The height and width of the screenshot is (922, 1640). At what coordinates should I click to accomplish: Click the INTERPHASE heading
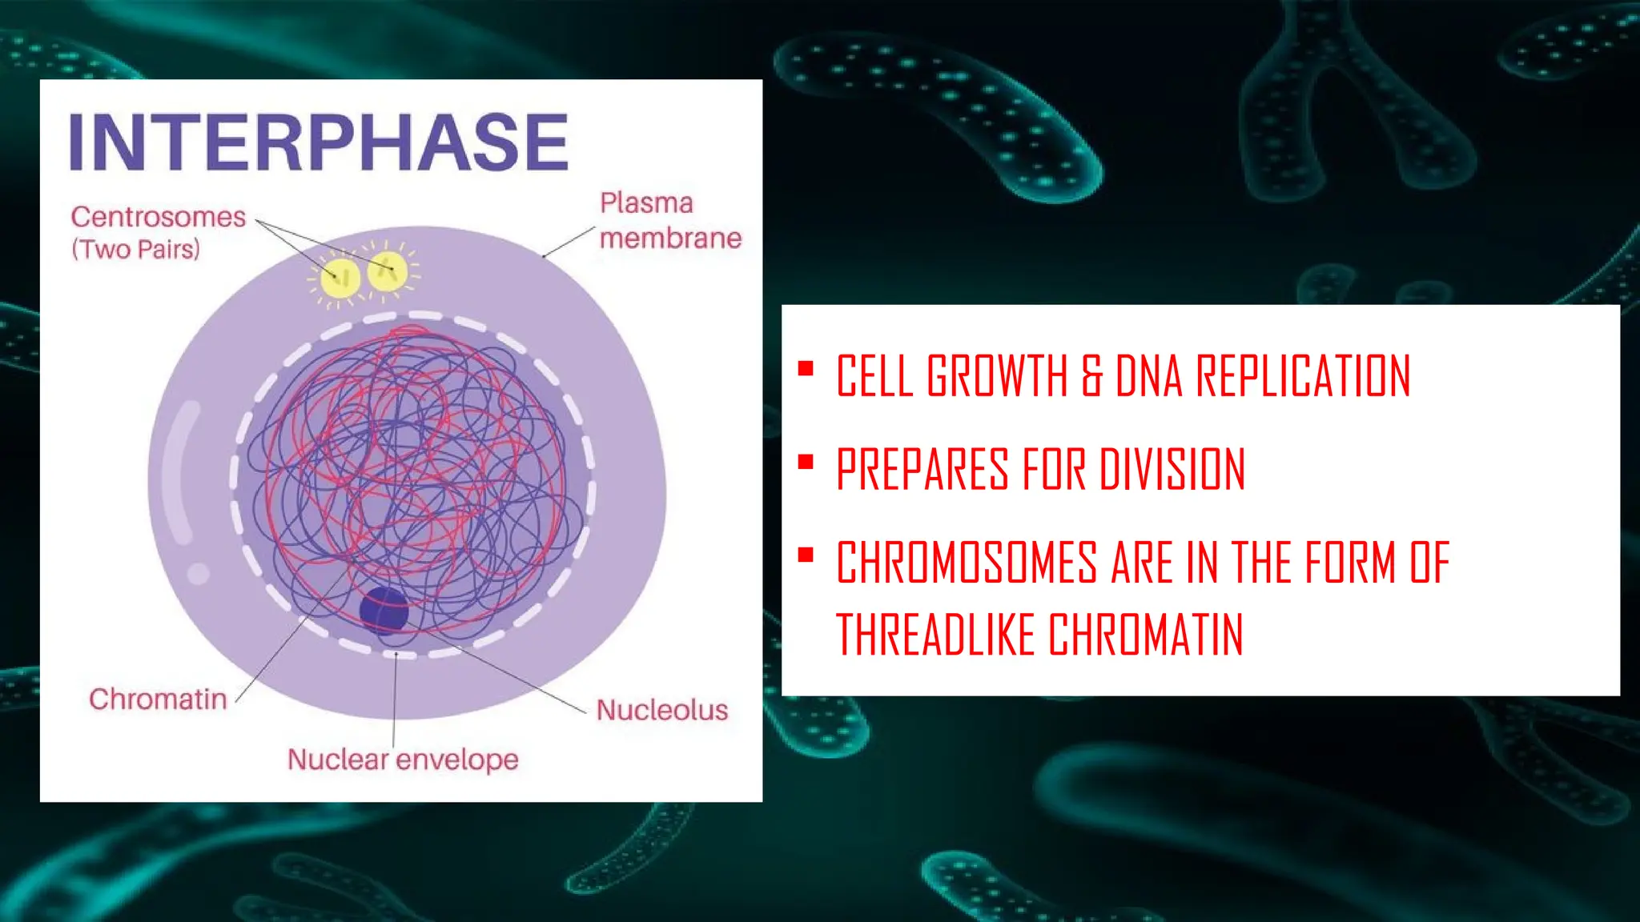coord(319,142)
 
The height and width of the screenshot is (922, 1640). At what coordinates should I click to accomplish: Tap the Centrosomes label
coord(158,217)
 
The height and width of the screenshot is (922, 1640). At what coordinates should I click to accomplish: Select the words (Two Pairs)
coord(135,249)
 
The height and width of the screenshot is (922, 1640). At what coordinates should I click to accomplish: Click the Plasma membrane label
coord(669,221)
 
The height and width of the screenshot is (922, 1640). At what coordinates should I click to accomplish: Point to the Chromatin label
coord(158,699)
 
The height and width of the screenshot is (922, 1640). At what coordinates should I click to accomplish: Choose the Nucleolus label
coord(661,710)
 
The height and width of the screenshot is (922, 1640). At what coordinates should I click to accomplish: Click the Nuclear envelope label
coord(403,759)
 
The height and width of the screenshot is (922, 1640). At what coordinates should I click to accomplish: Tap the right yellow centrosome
coord(388,271)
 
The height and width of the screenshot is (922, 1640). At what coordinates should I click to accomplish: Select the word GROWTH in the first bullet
coord(998,375)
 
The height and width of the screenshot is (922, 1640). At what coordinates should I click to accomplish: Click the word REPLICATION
coord(1303,375)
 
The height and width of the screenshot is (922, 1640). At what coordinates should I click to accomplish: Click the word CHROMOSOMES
coord(967,563)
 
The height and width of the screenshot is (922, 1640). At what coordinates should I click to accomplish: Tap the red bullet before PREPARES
coord(806,462)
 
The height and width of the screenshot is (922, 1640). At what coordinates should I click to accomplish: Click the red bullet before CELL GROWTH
coord(806,369)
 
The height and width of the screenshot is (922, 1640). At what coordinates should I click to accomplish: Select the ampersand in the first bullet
coord(1092,376)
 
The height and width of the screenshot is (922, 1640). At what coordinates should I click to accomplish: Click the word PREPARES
coord(922,469)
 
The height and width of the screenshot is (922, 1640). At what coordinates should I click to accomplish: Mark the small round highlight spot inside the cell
coord(198,573)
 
